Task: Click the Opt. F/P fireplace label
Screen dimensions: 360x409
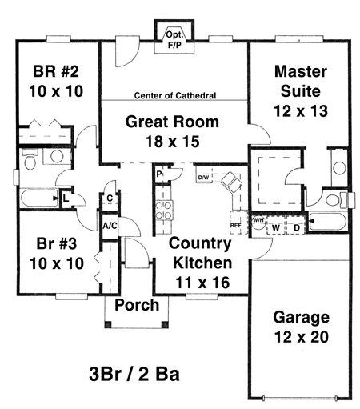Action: click(x=174, y=40)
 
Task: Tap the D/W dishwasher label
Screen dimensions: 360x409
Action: click(x=203, y=178)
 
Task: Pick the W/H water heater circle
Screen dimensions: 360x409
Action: click(x=258, y=223)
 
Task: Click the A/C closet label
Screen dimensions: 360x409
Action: click(x=110, y=226)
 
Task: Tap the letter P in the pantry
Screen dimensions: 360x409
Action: click(x=159, y=174)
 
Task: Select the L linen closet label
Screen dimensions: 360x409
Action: click(x=66, y=198)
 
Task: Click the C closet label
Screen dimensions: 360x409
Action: click(x=110, y=198)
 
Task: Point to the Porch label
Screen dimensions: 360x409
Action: click(x=137, y=305)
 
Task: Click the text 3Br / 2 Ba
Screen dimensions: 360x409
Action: click(x=134, y=374)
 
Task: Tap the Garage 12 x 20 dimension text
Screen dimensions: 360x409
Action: click(x=302, y=337)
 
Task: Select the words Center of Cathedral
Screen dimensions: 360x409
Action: click(x=175, y=95)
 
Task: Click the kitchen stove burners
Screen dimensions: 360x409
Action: click(x=164, y=210)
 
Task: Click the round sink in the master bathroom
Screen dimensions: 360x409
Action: click(x=339, y=168)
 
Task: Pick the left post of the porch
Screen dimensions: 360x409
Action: click(x=108, y=325)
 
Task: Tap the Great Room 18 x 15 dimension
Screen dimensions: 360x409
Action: click(x=173, y=142)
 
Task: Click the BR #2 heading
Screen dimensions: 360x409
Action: click(x=56, y=71)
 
